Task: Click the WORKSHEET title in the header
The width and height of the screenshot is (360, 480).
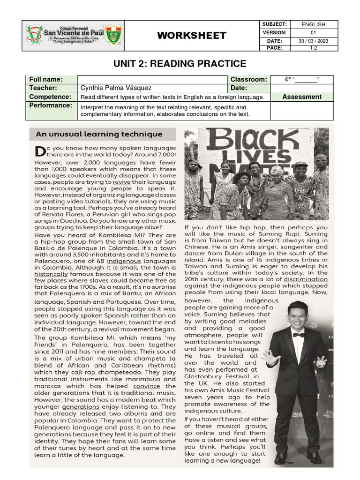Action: click(x=191, y=36)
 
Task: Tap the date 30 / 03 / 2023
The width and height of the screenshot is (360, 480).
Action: click(x=313, y=41)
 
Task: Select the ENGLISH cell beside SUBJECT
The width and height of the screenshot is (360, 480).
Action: click(x=313, y=24)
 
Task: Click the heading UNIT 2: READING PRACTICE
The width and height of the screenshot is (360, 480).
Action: click(x=180, y=64)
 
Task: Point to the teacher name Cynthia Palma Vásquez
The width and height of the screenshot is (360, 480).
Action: click(x=117, y=88)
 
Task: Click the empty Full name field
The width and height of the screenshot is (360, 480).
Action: click(x=152, y=80)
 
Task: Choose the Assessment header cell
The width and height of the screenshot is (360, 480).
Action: click(x=302, y=97)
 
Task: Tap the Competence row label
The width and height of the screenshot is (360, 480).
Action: click(x=50, y=97)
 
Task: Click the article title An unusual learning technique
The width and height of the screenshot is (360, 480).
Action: click(x=99, y=135)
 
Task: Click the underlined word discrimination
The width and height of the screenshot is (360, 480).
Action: click(x=305, y=279)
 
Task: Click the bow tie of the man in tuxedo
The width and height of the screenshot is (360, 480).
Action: click(x=298, y=335)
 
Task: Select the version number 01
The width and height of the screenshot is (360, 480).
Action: click(x=313, y=33)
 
